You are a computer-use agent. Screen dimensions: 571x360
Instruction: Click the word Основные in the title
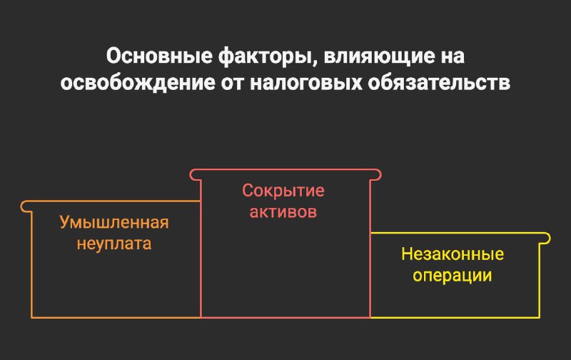point(159,56)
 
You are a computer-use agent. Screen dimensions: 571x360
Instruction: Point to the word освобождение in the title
point(138,84)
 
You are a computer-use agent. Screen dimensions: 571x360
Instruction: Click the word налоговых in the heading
point(306,84)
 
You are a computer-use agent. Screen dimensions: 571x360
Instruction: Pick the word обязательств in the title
point(439,84)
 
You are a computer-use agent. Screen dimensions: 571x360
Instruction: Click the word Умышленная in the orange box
point(114,222)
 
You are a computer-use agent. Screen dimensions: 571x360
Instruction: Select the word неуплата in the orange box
point(114,244)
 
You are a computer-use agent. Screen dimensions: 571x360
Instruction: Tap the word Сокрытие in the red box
point(283,191)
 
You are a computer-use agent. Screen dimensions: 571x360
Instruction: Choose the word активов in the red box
point(283,212)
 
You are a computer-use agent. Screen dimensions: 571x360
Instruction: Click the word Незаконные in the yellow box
point(453,254)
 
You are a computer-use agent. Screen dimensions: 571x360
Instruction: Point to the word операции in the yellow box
point(453,276)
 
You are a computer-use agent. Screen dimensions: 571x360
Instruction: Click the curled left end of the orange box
point(24,206)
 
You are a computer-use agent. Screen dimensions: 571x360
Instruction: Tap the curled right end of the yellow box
point(547,239)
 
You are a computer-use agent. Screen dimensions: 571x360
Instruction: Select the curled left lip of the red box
point(194,174)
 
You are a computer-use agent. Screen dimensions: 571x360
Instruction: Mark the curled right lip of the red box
point(378,174)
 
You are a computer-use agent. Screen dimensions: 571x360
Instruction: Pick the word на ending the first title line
point(453,57)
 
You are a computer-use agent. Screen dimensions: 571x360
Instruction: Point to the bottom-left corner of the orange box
point(32,317)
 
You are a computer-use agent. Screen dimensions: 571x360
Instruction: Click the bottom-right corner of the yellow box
point(540,317)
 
